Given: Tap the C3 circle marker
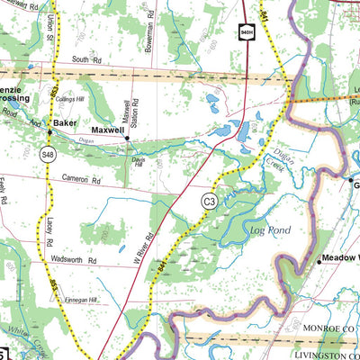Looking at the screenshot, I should [208, 202].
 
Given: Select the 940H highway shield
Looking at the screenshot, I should [245, 33].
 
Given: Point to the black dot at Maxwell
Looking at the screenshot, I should [127, 139].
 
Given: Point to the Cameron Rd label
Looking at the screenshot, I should [80, 179].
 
